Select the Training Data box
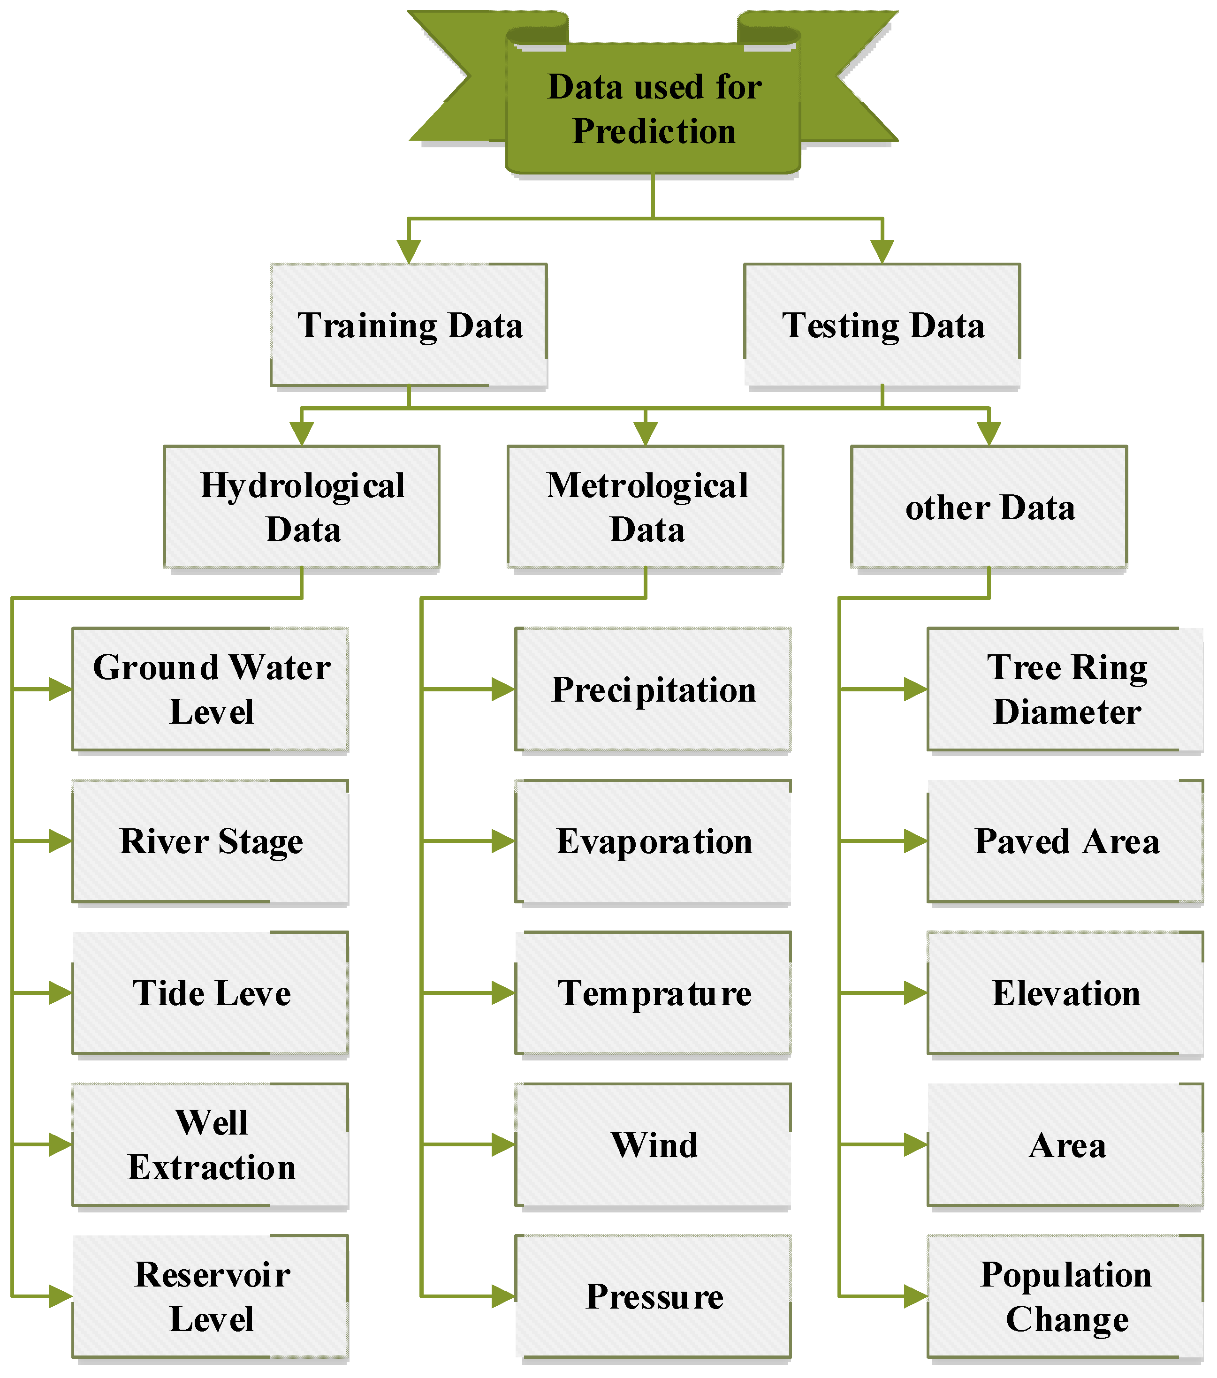click(x=409, y=325)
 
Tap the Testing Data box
click(x=882, y=325)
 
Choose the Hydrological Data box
click(x=302, y=507)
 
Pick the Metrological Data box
click(x=646, y=507)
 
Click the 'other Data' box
click(x=989, y=507)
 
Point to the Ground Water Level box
click(x=210, y=689)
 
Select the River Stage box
click(x=210, y=841)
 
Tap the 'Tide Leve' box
click(x=210, y=993)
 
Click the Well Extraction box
click(x=210, y=1145)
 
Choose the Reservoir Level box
click(x=210, y=1296)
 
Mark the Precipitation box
click(x=654, y=689)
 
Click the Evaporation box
click(x=654, y=841)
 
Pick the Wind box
click(x=654, y=1145)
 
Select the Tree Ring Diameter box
click(x=1065, y=689)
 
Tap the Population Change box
click(x=1065, y=1296)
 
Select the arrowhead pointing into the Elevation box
click(x=916, y=993)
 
